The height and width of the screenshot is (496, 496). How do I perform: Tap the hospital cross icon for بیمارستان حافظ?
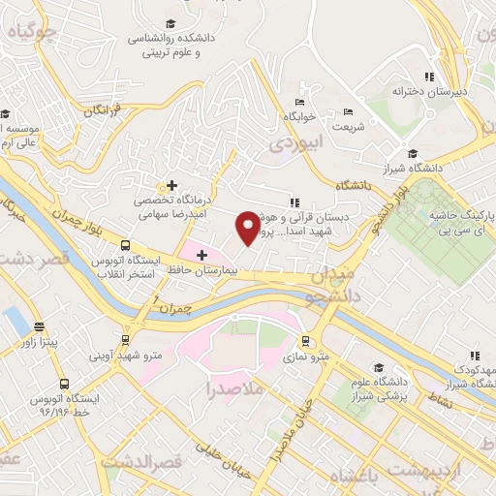(x=201, y=256)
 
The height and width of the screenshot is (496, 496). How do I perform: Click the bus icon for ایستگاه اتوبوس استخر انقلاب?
(x=125, y=246)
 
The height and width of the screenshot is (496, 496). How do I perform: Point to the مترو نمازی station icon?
(x=305, y=341)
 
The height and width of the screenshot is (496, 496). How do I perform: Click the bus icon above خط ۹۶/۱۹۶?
(x=64, y=384)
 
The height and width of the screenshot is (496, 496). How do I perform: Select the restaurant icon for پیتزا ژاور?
(x=38, y=327)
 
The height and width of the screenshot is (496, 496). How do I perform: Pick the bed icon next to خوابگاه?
(x=298, y=101)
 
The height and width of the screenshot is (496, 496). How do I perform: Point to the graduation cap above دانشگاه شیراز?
(x=413, y=153)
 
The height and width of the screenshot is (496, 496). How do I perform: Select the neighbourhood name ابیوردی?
(x=288, y=145)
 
